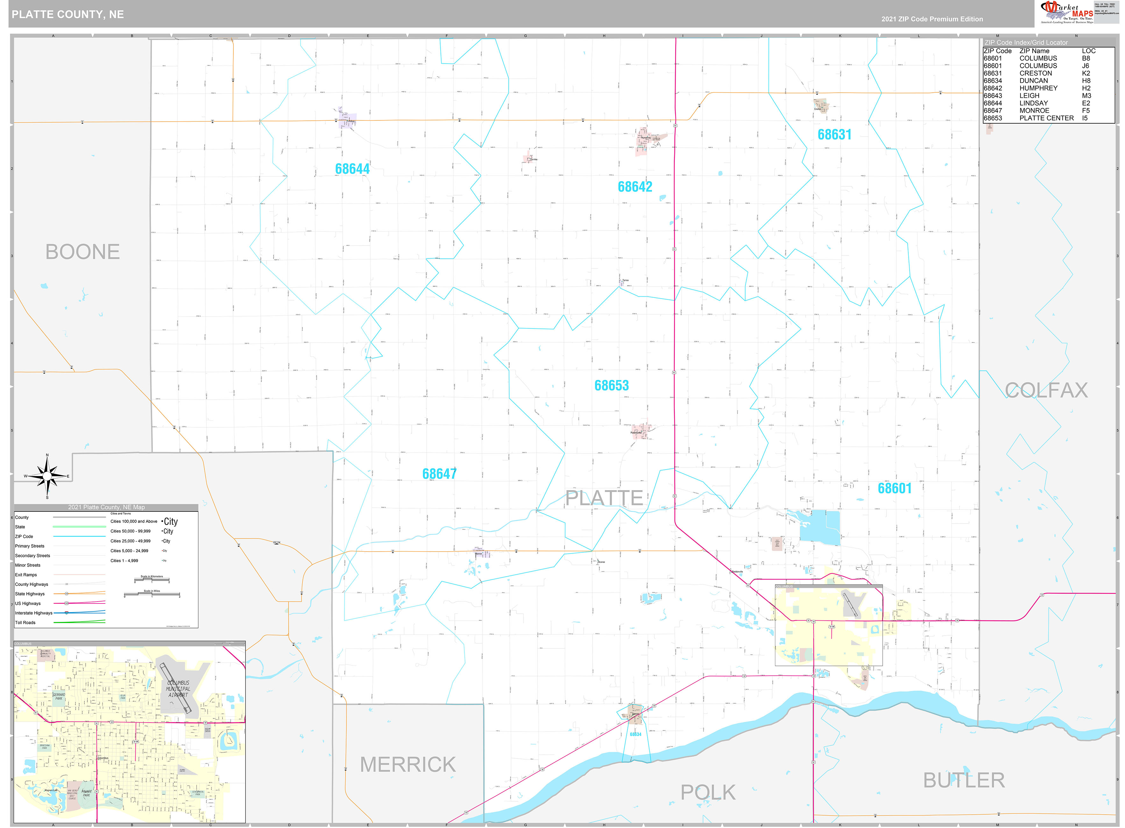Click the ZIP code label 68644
pyautogui.click(x=352, y=169)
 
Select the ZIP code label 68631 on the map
pyautogui.click(x=834, y=134)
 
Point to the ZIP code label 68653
pyautogui.click(x=611, y=385)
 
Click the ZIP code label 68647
pyautogui.click(x=439, y=474)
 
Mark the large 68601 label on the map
pyautogui.click(x=894, y=488)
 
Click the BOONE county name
pyautogui.click(x=83, y=252)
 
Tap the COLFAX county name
pyautogui.click(x=1046, y=390)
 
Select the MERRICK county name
pyautogui.click(x=408, y=764)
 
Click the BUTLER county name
pyautogui.click(x=964, y=780)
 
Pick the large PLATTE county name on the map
pyautogui.click(x=604, y=498)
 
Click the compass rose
pyautogui.click(x=47, y=476)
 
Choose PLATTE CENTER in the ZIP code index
pyautogui.click(x=1046, y=118)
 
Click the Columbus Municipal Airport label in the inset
pyautogui.click(x=178, y=689)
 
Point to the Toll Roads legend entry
pyautogui.click(x=25, y=623)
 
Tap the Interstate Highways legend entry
pyautogui.click(x=33, y=613)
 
